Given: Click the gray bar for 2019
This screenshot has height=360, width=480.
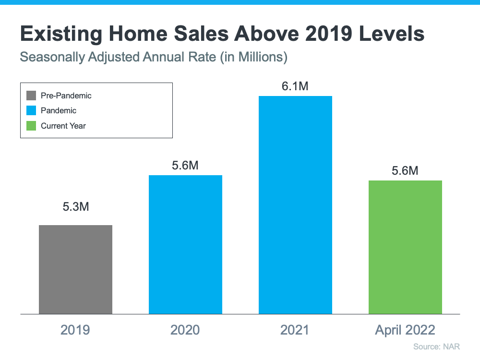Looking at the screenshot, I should pyautogui.click(x=75, y=269).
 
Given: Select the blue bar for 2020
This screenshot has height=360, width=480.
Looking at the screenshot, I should pyautogui.click(x=185, y=244).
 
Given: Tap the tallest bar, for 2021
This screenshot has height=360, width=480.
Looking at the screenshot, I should pyautogui.click(x=295, y=205).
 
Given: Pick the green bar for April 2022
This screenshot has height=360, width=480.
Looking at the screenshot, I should pyautogui.click(x=405, y=247).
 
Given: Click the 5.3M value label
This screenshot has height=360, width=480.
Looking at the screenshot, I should pyautogui.click(x=76, y=207).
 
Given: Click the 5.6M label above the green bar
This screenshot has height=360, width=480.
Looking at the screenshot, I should pyautogui.click(x=405, y=170).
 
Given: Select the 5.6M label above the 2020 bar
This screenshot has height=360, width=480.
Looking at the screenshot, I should pyautogui.click(x=185, y=166).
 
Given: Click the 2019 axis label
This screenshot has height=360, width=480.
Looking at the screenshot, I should pyautogui.click(x=75, y=330).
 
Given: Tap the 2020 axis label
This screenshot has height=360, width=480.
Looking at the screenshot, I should pyautogui.click(x=185, y=330).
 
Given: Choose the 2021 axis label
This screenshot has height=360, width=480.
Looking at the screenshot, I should pyautogui.click(x=295, y=330).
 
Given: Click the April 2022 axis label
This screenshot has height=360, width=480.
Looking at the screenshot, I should pyautogui.click(x=405, y=330).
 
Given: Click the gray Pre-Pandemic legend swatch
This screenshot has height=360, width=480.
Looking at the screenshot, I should pyautogui.click(x=32, y=96).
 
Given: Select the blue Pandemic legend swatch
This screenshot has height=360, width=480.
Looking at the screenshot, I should pyautogui.click(x=32, y=111).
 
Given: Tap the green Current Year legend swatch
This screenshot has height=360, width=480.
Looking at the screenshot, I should pyautogui.click(x=32, y=126).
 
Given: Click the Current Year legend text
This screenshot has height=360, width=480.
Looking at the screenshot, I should pyautogui.click(x=63, y=126).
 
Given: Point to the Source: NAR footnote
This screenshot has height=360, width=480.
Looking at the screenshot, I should pyautogui.click(x=439, y=346).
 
